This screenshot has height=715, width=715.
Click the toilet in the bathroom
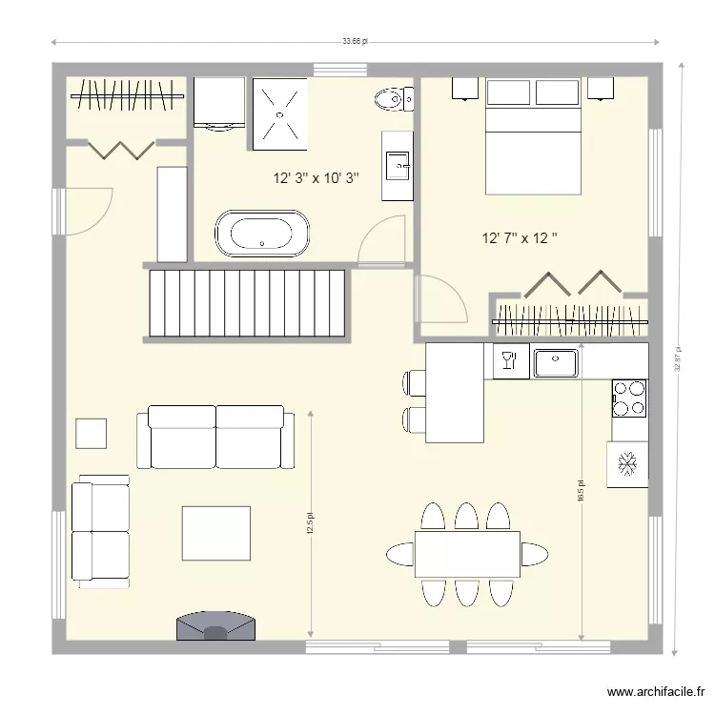391,97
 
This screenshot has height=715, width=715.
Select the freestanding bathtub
262,235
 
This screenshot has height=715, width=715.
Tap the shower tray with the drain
279,113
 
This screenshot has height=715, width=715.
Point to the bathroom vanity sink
398,166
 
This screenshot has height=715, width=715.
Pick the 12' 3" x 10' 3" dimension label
316,178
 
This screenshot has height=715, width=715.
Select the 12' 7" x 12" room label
520,237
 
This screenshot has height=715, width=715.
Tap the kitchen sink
556,362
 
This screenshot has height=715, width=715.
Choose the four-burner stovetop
629,398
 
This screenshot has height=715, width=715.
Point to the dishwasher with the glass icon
508,360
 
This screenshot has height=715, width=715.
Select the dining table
467,554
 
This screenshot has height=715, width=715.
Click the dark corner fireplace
216,624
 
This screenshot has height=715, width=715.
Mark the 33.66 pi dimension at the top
356,42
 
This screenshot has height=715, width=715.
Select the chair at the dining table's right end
535,554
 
